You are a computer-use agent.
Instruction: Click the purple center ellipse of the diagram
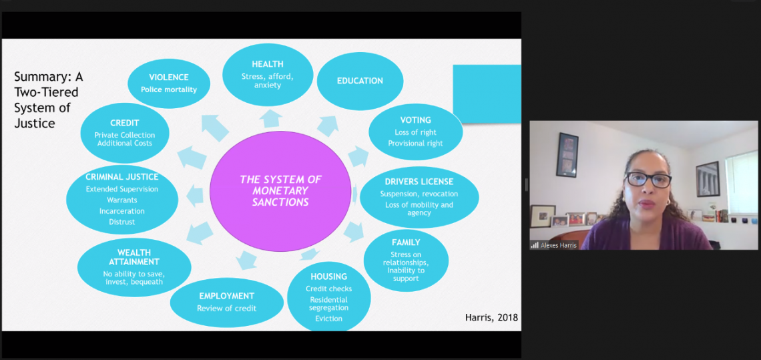point(280,191)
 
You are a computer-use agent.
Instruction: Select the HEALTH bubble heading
point(268,64)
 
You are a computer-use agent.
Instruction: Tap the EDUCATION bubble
point(360,81)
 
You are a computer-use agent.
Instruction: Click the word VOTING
point(415,120)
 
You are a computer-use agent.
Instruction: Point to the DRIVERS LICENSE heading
point(419,182)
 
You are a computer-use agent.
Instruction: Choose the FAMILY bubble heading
point(407,242)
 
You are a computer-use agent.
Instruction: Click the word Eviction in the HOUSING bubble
point(329,319)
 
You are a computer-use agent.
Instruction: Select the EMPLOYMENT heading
point(227,296)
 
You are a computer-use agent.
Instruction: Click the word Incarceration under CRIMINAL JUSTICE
point(122,211)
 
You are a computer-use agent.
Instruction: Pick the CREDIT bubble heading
point(125,124)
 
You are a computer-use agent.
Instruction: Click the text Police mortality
point(169,90)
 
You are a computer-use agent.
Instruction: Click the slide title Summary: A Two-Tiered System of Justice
point(49,100)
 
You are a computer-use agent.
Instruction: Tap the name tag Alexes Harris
point(558,245)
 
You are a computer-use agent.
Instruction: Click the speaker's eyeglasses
point(648,180)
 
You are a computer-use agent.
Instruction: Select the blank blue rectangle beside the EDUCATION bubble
point(487,94)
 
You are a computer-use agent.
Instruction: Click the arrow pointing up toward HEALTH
point(270,118)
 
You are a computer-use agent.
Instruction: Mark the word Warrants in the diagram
point(122,200)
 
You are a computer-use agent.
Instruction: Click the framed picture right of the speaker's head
point(708,179)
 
